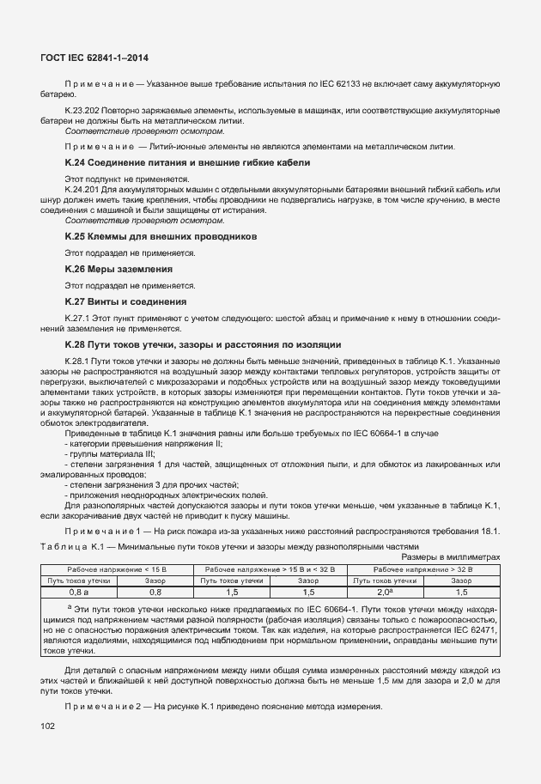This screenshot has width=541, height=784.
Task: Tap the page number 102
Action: pyautogui.click(x=48, y=726)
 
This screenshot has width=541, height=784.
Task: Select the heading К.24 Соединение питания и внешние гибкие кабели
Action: pyautogui.click(x=187, y=162)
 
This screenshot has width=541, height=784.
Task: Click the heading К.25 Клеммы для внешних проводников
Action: pyautogui.click(x=161, y=235)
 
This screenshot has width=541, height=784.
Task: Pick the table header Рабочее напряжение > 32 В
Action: pyautogui.click(x=421, y=569)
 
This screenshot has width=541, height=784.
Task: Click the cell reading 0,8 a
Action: pyautogui.click(x=79, y=592)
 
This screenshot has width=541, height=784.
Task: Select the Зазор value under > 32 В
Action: pyautogui.click(x=461, y=592)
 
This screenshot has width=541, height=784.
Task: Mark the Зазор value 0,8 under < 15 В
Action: pyautogui.click(x=155, y=592)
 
